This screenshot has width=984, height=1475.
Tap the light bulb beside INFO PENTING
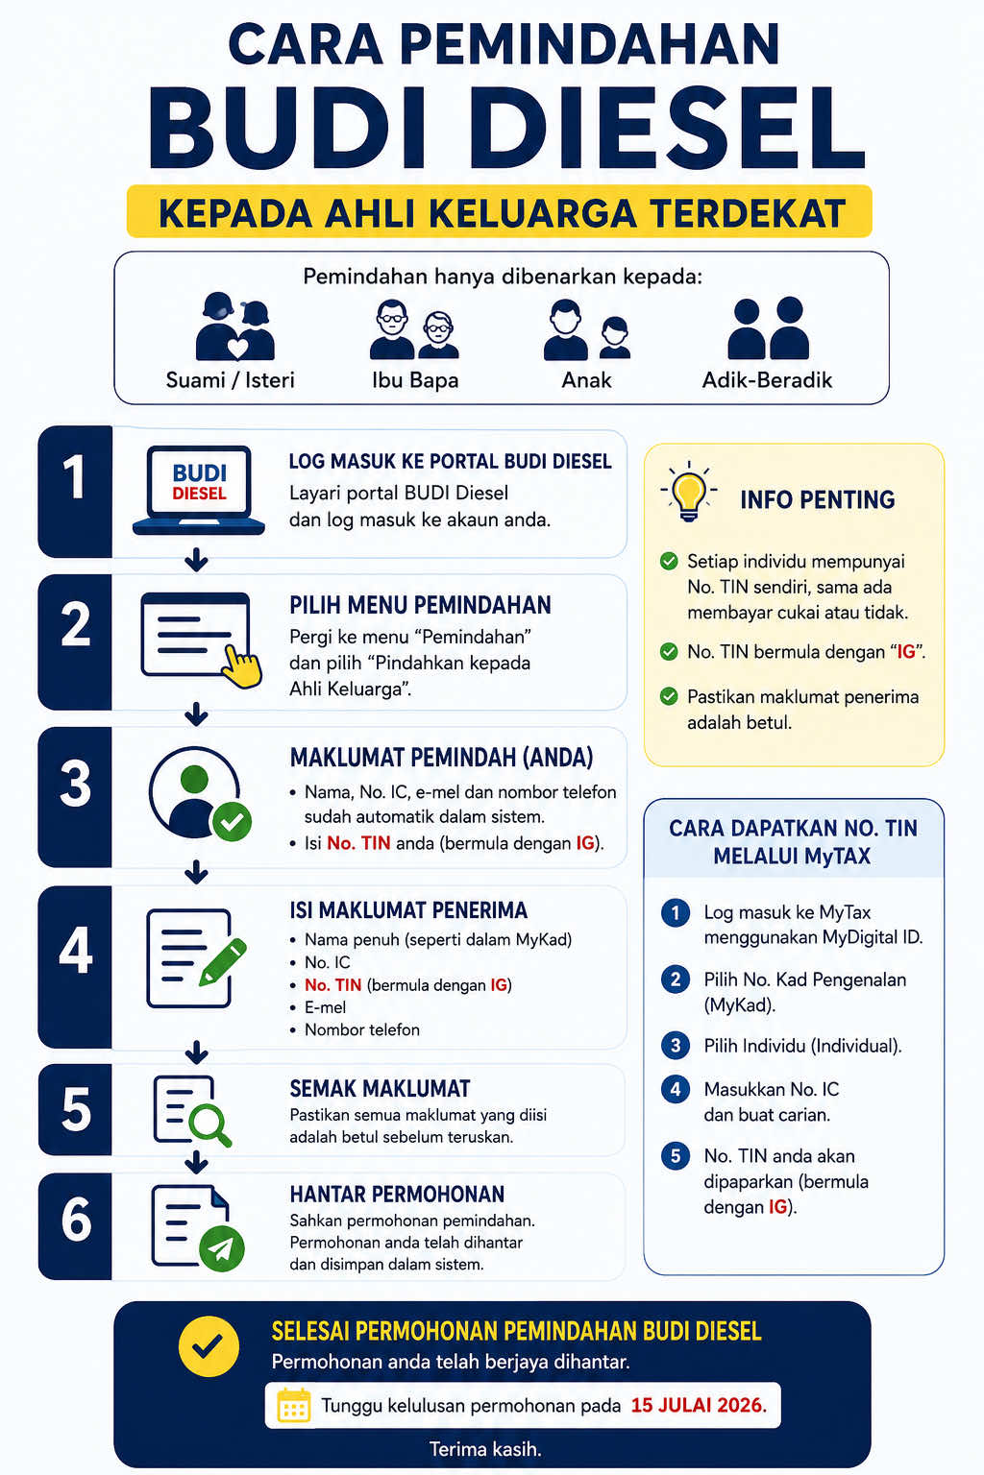pyautogui.click(x=689, y=492)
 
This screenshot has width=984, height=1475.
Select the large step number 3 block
pyautogui.click(x=75, y=797)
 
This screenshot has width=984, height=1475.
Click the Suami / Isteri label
pyautogui.click(x=230, y=380)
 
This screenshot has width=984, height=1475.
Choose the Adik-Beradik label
pyautogui.click(x=767, y=380)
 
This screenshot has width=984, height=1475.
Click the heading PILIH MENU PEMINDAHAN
pyautogui.click(x=421, y=605)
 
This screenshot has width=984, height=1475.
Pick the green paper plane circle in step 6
pyautogui.click(x=221, y=1248)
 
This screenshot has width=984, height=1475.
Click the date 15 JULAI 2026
pyautogui.click(x=699, y=1405)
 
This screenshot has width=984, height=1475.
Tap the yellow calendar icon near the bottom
pyautogui.click(x=294, y=1405)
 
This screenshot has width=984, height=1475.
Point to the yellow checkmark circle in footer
pyautogui.click(x=209, y=1346)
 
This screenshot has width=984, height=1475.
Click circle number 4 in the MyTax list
pyautogui.click(x=676, y=1089)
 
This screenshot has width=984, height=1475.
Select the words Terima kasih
pyautogui.click(x=485, y=1449)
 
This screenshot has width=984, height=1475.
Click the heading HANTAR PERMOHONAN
pyautogui.click(x=398, y=1194)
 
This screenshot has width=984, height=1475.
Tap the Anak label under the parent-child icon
pyautogui.click(x=586, y=380)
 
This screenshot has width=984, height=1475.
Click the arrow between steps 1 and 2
pyautogui.click(x=196, y=559)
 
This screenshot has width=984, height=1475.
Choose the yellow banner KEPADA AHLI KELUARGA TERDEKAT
pyautogui.click(x=500, y=211)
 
